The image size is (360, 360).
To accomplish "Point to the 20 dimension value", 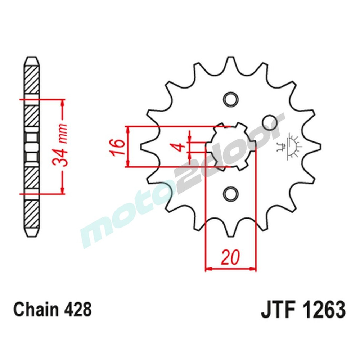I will pos(230,258).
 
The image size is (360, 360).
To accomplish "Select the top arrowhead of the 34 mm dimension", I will pos(63,103).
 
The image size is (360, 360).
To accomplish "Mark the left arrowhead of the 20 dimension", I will pos(208,269).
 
